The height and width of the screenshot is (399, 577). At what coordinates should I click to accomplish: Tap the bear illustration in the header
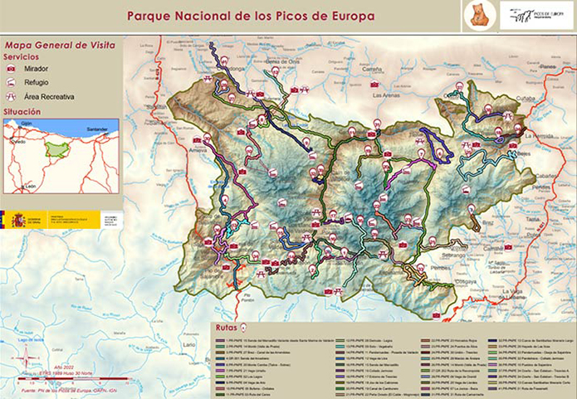(479, 15)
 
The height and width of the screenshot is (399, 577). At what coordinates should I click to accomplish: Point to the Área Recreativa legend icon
(12, 96)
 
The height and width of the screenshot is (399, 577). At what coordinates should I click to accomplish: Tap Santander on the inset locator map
(97, 129)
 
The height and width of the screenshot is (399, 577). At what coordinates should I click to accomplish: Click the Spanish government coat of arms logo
(18, 220)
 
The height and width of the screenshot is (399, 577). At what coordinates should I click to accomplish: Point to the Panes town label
(547, 66)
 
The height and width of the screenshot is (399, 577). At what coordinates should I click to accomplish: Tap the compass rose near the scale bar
(27, 358)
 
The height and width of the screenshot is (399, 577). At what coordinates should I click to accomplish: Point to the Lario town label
(189, 343)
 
